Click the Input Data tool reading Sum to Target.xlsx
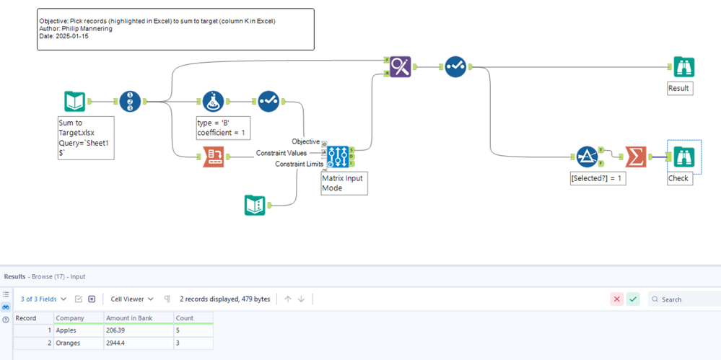pyautogui.click(x=75, y=102)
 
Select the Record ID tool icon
pyautogui.click(x=130, y=102)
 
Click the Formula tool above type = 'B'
pyautogui.click(x=213, y=102)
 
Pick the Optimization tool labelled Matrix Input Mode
pyautogui.click(x=338, y=154)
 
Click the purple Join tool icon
pyautogui.click(x=400, y=67)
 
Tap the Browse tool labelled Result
pyautogui.click(x=683, y=67)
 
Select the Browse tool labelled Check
pyautogui.click(x=683, y=156)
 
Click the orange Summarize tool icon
pyautogui.click(x=635, y=156)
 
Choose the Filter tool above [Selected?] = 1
pyautogui.click(x=587, y=156)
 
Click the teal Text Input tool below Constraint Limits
pyautogui.click(x=255, y=206)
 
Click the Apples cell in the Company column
pyautogui.click(x=66, y=330)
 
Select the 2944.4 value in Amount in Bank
pyautogui.click(x=118, y=343)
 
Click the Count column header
pyautogui.click(x=185, y=318)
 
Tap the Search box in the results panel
pyautogui.click(x=686, y=299)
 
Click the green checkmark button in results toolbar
pyautogui.click(x=633, y=299)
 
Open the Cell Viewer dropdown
pyautogui.click(x=131, y=299)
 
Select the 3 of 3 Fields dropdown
pyautogui.click(x=43, y=299)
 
